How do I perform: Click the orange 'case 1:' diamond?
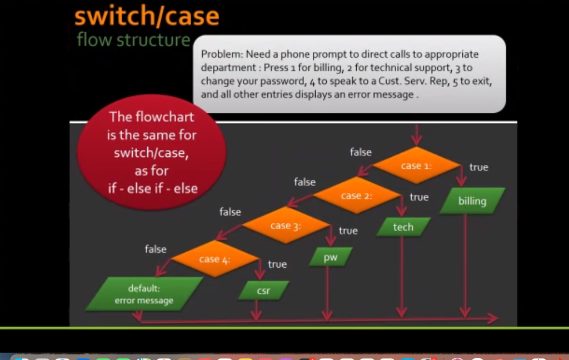[416, 166]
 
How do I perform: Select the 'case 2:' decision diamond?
[356, 196]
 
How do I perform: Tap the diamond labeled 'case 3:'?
[286, 226]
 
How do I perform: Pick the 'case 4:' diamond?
[214, 259]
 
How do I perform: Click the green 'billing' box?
[472, 201]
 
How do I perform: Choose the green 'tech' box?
[403, 227]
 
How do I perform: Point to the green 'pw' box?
[331, 257]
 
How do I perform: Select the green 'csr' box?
[263, 290]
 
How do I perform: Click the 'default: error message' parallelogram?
[144, 294]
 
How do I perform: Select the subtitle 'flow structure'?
[133, 40]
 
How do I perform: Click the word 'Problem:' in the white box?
[222, 54]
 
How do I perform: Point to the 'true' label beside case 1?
[478, 167]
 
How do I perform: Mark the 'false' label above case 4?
[156, 249]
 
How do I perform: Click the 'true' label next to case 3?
[348, 231]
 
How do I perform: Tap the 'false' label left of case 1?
[361, 152]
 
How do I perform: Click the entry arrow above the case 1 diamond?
[416, 135]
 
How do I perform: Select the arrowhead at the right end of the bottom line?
[492, 318]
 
